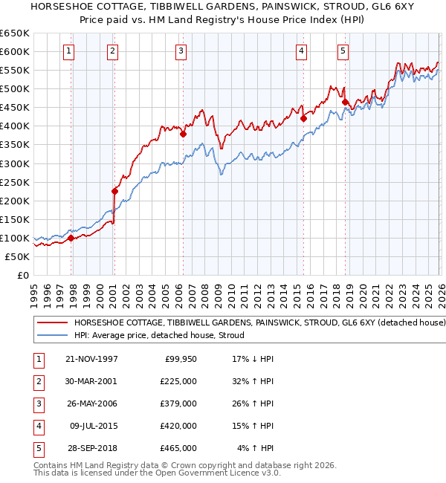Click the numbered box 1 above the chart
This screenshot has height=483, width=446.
coord(68,51)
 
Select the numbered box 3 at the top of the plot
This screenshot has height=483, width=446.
coord(181,51)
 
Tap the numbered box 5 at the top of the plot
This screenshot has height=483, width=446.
coord(343,51)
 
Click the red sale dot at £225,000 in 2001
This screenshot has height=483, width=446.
coord(114,191)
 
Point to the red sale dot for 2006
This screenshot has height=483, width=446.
coord(183,134)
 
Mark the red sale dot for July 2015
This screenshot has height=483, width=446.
coord(303,118)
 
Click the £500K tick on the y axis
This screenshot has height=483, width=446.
coord(15,88)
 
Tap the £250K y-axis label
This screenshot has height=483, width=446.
coord(15,182)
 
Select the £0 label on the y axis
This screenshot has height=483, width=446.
coord(22,275)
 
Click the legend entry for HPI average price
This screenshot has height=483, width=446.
coord(164,335)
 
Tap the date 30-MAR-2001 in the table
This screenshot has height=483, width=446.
coord(92,381)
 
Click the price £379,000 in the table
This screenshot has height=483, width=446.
coord(178,403)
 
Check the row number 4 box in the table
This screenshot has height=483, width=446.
coord(39,426)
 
